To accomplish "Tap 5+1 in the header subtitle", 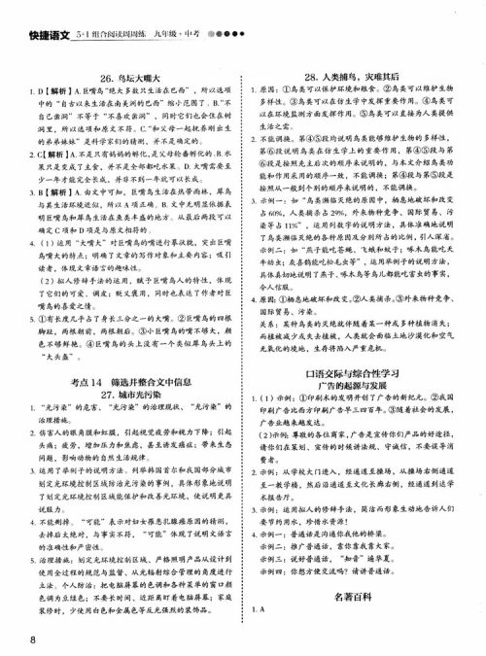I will click(x=86, y=13).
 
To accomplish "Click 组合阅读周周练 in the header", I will click(x=131, y=13).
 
